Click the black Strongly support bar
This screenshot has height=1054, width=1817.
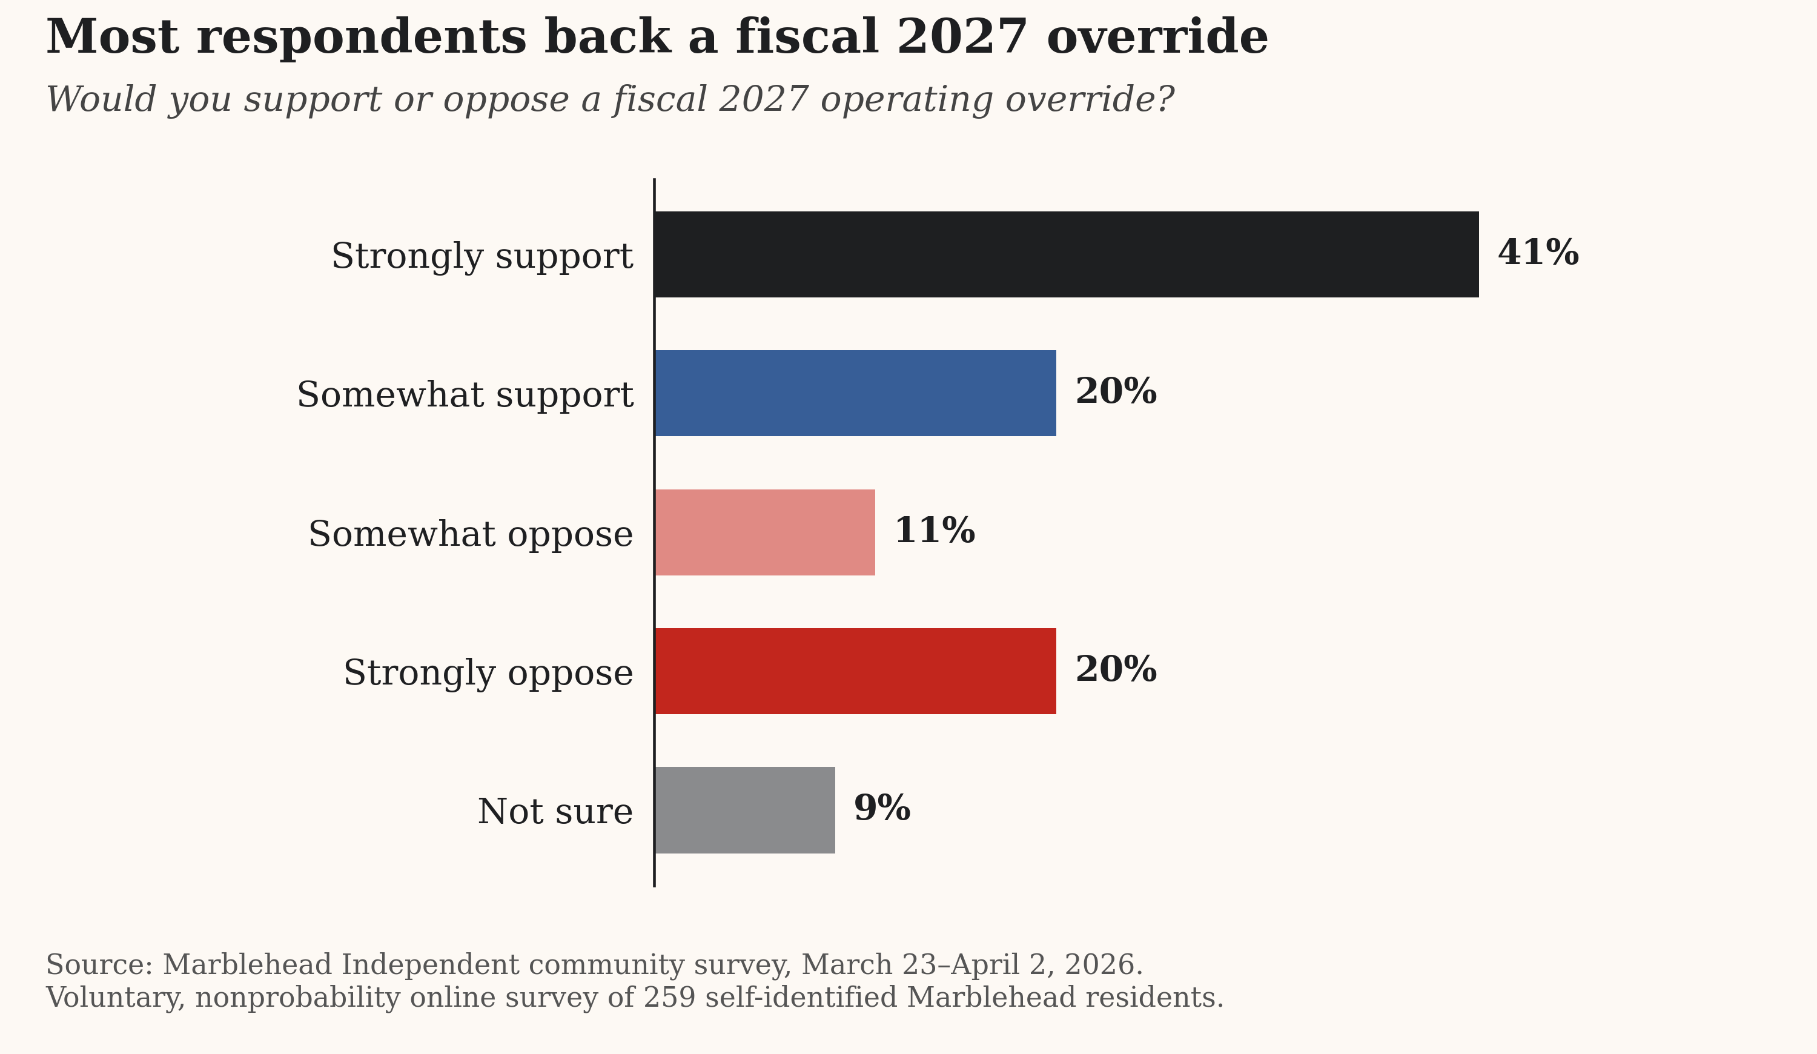[x=1067, y=254]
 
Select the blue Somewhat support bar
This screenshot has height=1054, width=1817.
[x=855, y=393]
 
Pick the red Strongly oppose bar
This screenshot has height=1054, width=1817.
[x=855, y=671]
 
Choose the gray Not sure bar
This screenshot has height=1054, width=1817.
[x=745, y=810]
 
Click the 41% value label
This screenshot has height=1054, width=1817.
[x=1538, y=253]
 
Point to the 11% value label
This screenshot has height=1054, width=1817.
[x=935, y=531]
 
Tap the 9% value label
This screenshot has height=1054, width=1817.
[x=882, y=809]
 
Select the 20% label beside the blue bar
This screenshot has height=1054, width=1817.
[x=1116, y=392]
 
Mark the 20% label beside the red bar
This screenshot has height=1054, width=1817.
[x=1116, y=670]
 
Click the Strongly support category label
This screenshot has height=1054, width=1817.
[x=482, y=257]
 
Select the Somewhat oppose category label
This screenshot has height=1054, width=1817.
[x=470, y=534]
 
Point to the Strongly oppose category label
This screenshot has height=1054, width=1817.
[x=488, y=674]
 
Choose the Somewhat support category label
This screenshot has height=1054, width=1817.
[x=465, y=395]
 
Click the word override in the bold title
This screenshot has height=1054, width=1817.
[x=1157, y=38]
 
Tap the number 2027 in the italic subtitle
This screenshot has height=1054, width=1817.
[x=764, y=99]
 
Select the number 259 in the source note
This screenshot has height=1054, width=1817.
[x=669, y=998]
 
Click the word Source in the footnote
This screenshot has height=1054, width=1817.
[x=99, y=964]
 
